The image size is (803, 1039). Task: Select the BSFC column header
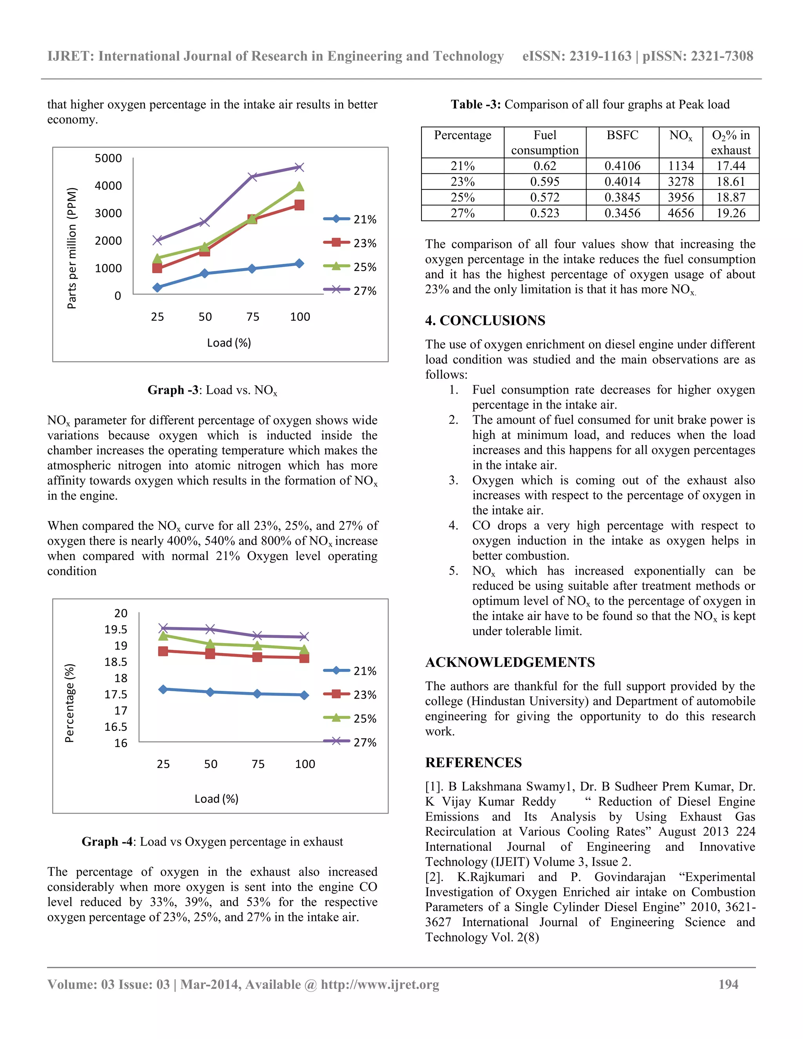[x=622, y=135]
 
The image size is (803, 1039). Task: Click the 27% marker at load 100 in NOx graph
[x=299, y=167]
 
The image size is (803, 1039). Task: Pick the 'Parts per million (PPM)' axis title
[x=71, y=248]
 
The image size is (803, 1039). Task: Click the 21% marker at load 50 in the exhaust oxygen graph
[x=210, y=692]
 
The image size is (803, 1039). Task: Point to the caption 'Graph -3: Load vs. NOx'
[x=212, y=390]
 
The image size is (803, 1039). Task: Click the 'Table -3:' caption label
[x=475, y=104]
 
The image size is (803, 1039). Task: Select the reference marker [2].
[x=434, y=877]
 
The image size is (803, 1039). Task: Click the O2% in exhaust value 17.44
[x=731, y=165]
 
